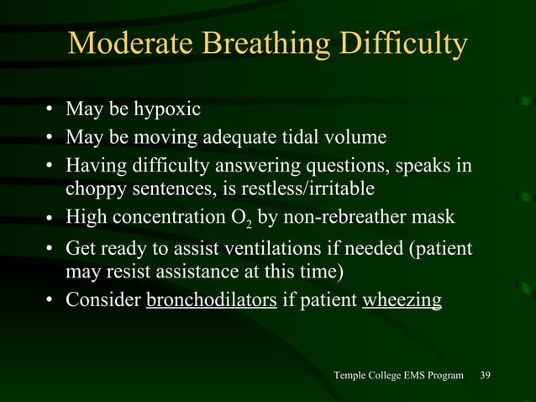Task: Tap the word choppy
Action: click(x=94, y=186)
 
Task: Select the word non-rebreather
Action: click(x=344, y=217)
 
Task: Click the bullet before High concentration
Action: click(x=51, y=219)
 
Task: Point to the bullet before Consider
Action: click(x=51, y=300)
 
